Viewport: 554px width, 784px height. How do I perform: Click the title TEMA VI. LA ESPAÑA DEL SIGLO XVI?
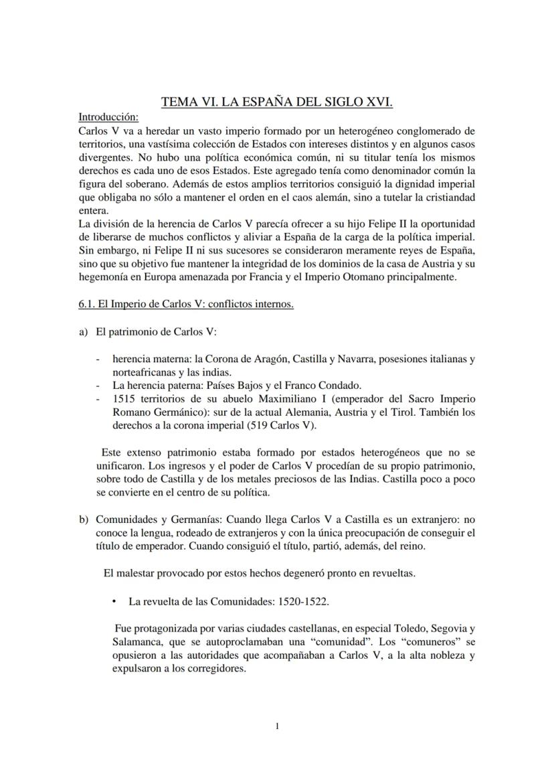[277, 102]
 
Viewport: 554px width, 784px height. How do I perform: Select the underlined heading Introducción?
[108, 116]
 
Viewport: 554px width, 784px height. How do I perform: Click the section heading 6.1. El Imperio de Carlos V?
[186, 304]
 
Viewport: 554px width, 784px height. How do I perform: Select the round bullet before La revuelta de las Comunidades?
[115, 601]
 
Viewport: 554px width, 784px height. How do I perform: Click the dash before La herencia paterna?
[99, 385]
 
